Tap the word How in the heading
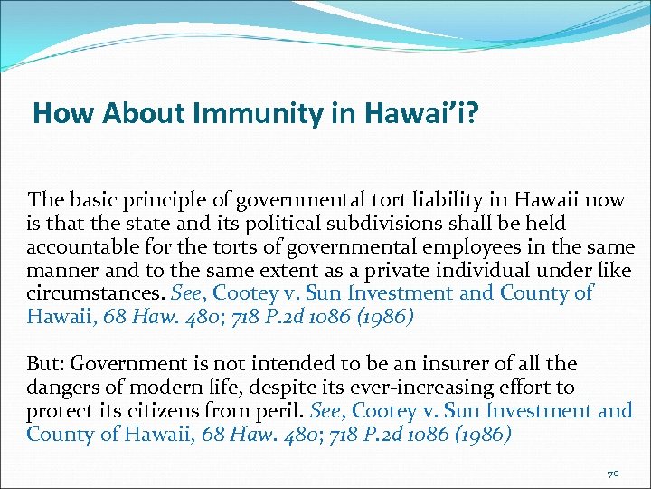[x=56, y=113]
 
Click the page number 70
[x=612, y=474]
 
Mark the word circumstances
[x=80, y=293]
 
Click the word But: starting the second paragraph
[x=45, y=364]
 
